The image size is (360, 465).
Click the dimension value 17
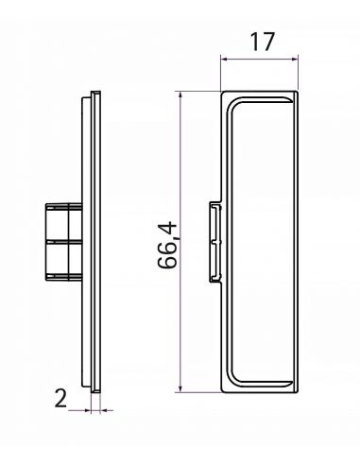click(262, 42)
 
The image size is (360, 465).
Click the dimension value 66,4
click(168, 245)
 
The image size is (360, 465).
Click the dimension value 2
click(60, 398)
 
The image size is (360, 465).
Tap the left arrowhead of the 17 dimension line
click(224, 59)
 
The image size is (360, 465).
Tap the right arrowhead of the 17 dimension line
click(295, 59)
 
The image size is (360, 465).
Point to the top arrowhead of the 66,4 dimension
click(180, 95)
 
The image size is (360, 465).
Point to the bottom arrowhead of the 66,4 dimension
click(180, 388)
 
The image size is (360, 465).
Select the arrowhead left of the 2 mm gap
click(87, 410)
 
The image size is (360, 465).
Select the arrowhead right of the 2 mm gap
click(104, 410)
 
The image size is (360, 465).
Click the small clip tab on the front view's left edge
click(215, 242)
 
